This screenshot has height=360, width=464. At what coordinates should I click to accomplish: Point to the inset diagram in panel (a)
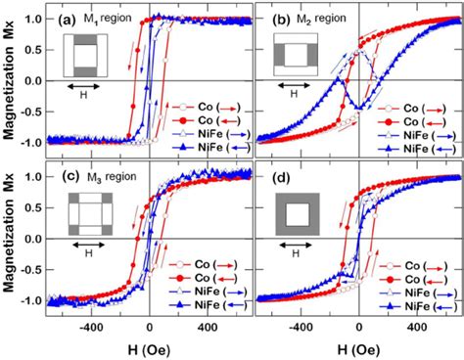tap(85, 55)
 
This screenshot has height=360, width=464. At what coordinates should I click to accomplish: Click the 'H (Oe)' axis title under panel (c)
tap(149, 349)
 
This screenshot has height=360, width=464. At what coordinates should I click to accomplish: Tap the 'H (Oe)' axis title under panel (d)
tap(358, 349)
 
